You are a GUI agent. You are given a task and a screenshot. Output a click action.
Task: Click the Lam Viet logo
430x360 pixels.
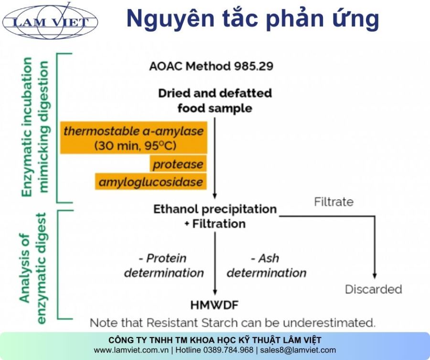click(50, 21)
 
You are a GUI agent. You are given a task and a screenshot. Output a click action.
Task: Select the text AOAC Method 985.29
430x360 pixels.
click(211, 66)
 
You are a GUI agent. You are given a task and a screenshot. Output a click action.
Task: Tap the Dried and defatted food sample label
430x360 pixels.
click(215, 100)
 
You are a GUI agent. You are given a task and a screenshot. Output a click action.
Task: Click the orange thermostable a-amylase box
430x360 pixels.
click(134, 138)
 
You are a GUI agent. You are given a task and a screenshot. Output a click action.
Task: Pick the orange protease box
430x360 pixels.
click(178, 164)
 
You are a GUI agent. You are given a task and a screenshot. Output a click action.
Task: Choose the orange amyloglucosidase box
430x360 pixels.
click(151, 182)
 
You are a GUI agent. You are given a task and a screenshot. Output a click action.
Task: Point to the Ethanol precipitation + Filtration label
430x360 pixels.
click(215, 216)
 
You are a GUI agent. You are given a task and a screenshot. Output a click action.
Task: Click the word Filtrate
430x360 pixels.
click(334, 202)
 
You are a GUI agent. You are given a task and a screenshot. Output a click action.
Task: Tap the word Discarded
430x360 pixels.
click(374, 289)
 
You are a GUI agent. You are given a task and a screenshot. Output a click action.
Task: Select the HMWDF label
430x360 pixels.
click(215, 305)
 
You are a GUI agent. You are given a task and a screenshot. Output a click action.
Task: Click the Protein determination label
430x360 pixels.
click(164, 265)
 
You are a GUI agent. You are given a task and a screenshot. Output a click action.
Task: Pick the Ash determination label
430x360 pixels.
click(266, 265)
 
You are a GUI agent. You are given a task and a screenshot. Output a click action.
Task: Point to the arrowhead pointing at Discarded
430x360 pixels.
click(375, 275)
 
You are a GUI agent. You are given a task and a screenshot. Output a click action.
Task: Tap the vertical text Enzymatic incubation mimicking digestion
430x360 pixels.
click(35, 127)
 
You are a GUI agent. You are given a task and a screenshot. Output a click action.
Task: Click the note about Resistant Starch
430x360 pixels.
click(233, 322)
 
